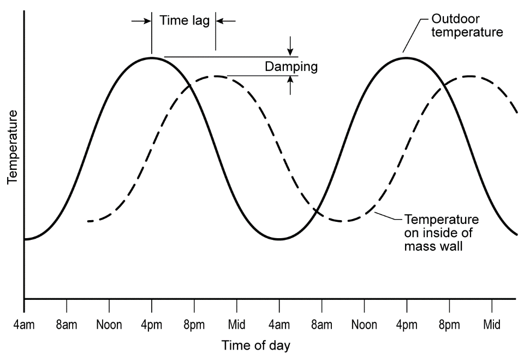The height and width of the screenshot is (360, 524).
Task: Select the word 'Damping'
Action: click(291, 67)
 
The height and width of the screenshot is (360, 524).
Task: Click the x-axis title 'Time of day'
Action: click(255, 345)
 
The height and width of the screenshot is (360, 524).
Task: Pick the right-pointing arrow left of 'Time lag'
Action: click(141, 21)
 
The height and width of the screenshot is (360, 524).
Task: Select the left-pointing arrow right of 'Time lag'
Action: click(225, 21)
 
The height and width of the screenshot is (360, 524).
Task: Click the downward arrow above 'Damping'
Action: click(290, 46)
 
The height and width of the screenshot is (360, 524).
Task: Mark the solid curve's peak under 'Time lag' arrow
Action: click(152, 57)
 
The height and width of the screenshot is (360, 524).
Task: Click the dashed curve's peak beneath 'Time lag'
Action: click(216, 76)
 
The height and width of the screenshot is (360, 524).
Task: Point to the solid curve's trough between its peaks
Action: click(279, 239)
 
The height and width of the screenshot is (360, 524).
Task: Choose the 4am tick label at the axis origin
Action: click(24, 324)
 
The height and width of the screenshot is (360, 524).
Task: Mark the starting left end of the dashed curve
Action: click(88, 221)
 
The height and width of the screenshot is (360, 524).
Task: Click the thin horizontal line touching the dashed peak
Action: click(262, 75)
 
